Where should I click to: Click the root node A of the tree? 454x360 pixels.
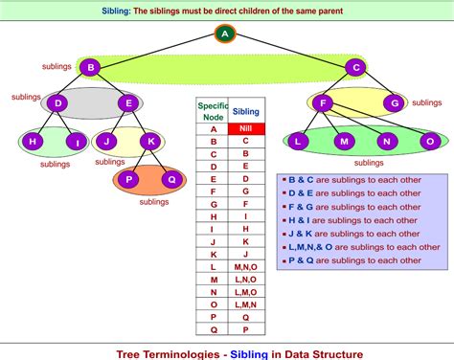(225, 34)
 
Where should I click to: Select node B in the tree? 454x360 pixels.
(89, 68)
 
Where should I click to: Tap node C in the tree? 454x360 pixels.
(355, 68)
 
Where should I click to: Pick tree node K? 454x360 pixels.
(150, 142)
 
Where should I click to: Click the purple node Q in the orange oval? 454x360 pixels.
(171, 178)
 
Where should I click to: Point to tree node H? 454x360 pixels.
(32, 142)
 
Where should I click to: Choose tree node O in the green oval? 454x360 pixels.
(429, 142)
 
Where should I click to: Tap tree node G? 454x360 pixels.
(394, 102)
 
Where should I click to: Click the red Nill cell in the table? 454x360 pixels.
(245, 127)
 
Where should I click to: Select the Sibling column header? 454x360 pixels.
(245, 110)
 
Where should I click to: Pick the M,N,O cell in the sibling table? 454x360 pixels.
(245, 268)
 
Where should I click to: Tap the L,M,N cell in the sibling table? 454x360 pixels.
(245, 304)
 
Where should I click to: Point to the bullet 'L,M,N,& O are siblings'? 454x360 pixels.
(349, 246)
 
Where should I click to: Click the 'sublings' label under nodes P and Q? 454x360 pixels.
(153, 202)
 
